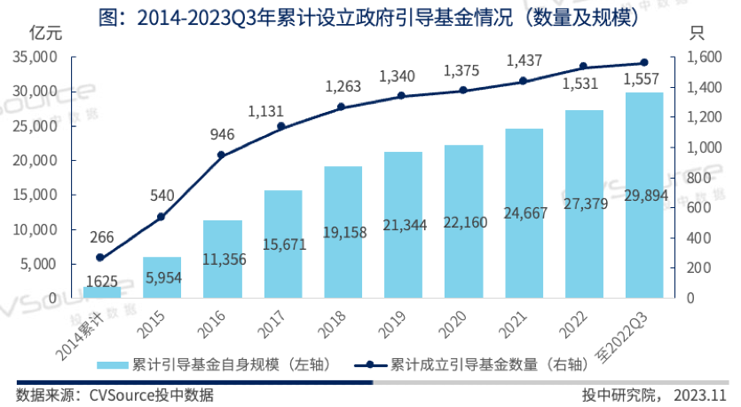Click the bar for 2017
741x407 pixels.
[282, 243]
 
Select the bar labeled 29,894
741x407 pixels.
[644, 195]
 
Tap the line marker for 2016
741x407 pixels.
[221, 155]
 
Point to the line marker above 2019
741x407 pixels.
[402, 95]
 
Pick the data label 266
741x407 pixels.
[101, 236]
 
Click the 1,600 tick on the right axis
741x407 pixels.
[695, 57]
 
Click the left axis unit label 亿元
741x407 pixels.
[45, 35]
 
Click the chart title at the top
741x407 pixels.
[370, 12]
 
